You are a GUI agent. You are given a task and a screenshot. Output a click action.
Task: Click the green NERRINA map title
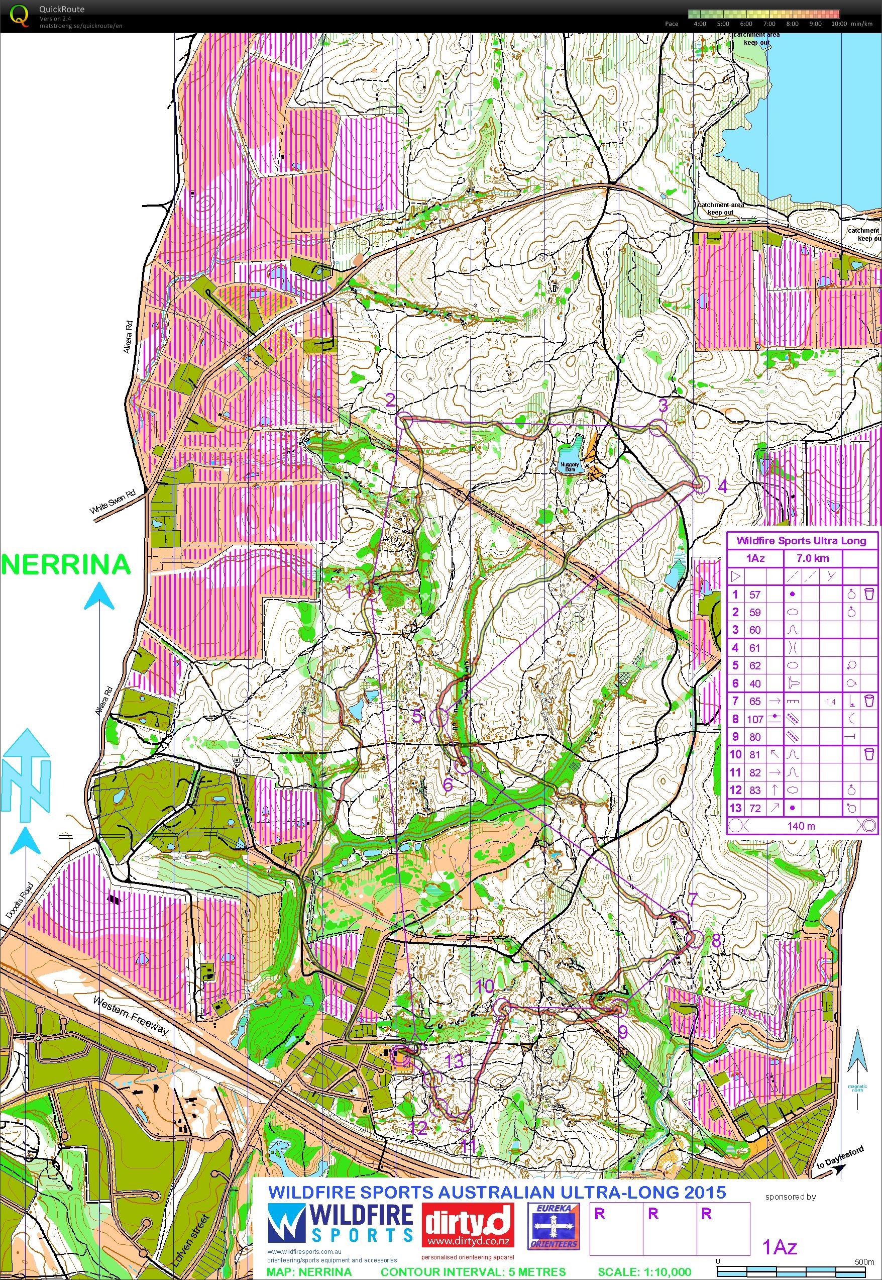click(66, 564)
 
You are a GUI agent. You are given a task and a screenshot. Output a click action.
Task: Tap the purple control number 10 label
click(485, 986)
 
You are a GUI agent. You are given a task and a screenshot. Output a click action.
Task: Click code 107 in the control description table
click(755, 719)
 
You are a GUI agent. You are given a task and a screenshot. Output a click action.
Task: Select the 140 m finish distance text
click(801, 826)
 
